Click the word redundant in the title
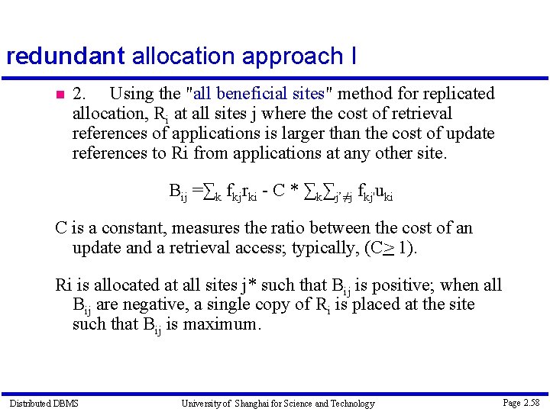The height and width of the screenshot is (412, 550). coord(65,56)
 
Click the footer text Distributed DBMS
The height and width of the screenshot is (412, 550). coord(44,403)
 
